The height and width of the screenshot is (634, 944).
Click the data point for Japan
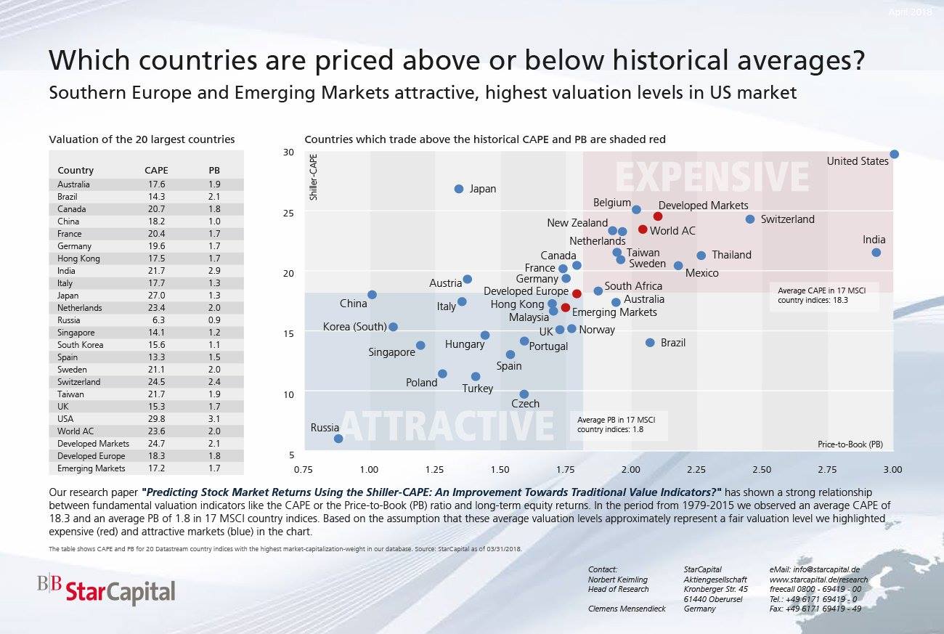pos(459,189)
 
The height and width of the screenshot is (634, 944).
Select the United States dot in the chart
pos(894,154)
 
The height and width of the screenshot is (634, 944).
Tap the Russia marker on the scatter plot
pos(338,439)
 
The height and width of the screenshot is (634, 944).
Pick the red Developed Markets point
pos(658,216)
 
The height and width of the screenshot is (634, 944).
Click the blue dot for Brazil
pos(650,343)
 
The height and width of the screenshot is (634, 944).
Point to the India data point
pos(876,253)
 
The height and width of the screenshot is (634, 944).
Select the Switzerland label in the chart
pos(787,219)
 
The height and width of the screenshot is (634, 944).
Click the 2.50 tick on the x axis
pos(762,470)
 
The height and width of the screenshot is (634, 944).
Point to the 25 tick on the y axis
pos(289,213)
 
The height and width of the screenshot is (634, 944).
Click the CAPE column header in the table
pos(156,171)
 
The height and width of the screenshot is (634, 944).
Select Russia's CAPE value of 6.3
pos(156,320)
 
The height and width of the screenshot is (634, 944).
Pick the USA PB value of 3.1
pos(214,419)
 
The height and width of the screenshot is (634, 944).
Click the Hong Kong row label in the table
pos(78,259)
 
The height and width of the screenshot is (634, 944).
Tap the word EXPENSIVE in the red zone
pos(712,177)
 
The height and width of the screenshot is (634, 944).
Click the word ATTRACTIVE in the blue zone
pos(446,426)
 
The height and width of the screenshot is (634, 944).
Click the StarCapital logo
pos(107,591)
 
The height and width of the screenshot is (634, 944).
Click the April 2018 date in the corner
pos(910,12)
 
